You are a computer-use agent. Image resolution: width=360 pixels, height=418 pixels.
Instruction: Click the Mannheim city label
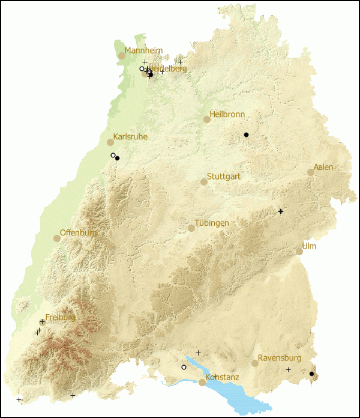(143, 51)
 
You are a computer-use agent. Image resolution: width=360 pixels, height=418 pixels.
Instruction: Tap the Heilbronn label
(227, 115)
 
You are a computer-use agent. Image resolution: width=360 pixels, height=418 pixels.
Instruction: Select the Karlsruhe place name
(130, 137)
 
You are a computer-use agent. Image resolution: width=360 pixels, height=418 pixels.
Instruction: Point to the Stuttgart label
(223, 177)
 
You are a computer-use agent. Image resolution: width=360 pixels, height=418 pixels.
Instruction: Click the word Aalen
(323, 167)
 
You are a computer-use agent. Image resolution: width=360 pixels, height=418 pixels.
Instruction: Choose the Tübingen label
(212, 223)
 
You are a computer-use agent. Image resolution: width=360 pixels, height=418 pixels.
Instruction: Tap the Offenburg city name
(79, 233)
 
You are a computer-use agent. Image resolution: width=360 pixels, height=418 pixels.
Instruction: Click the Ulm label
(310, 247)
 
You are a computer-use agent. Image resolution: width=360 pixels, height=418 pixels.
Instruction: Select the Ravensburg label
(278, 359)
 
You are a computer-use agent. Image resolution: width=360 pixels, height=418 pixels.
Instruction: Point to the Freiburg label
(61, 317)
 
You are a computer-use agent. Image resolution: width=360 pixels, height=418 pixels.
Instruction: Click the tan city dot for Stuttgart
(204, 182)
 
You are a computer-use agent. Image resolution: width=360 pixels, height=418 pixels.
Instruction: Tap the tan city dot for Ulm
(299, 252)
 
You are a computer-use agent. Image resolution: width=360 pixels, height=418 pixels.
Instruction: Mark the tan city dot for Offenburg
(57, 238)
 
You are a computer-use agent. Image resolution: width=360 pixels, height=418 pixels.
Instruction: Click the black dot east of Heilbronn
(246, 135)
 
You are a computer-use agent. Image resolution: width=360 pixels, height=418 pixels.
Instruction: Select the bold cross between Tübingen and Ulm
(280, 211)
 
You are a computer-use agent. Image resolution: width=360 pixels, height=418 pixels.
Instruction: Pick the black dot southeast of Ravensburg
(311, 374)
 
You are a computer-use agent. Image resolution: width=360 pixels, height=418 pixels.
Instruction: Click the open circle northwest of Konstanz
(184, 367)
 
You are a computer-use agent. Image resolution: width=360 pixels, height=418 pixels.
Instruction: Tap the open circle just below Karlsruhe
(113, 155)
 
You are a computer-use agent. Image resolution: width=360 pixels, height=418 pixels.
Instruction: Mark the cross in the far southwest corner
(19, 399)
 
